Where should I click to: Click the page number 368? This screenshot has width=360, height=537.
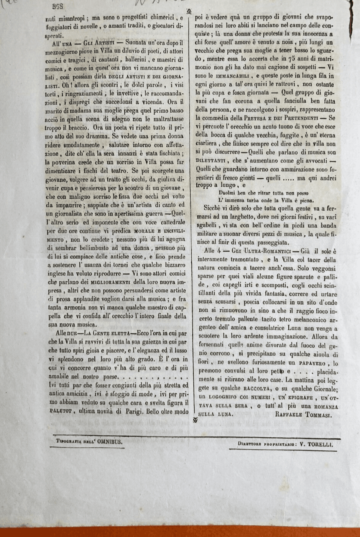(58, 6)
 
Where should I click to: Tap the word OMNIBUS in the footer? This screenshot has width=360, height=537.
(110, 442)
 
